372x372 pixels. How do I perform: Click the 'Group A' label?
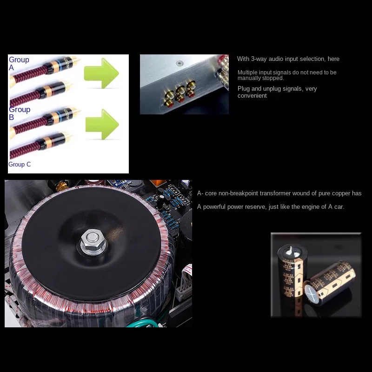[x=19, y=63]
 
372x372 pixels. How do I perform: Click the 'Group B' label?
[x=19, y=113]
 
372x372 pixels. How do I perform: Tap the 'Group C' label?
[x=20, y=164]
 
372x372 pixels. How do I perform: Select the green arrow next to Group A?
[x=101, y=73]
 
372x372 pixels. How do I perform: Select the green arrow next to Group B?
[x=102, y=124]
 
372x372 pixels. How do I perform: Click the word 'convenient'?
[x=252, y=96]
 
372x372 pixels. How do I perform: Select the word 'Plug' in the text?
[x=244, y=89]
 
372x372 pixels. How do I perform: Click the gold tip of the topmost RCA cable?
[x=73, y=60]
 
